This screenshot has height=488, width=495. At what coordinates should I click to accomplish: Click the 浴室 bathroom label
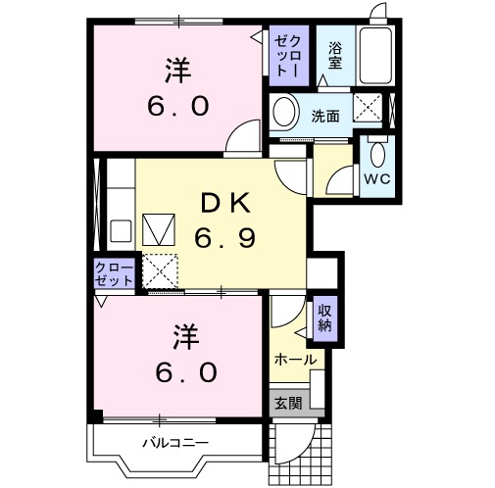coord(335,56)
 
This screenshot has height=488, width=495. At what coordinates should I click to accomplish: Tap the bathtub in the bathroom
coord(375,55)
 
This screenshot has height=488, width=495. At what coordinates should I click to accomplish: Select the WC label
coord(377,179)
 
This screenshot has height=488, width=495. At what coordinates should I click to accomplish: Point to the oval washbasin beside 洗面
coord(284,114)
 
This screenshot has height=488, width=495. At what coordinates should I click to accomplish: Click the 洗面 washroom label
coord(325,116)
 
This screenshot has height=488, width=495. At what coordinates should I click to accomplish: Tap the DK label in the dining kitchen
coord(226,204)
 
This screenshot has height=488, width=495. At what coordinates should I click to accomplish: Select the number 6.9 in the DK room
coord(226,236)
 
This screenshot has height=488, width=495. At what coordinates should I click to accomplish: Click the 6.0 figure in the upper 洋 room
coord(177,105)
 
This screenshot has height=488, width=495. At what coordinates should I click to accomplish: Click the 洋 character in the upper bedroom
coord(177,71)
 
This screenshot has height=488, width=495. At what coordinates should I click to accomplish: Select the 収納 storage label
coord(324,318)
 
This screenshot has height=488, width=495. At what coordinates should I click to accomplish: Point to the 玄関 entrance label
coord(287,402)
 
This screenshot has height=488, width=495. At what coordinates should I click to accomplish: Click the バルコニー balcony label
coord(175,443)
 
